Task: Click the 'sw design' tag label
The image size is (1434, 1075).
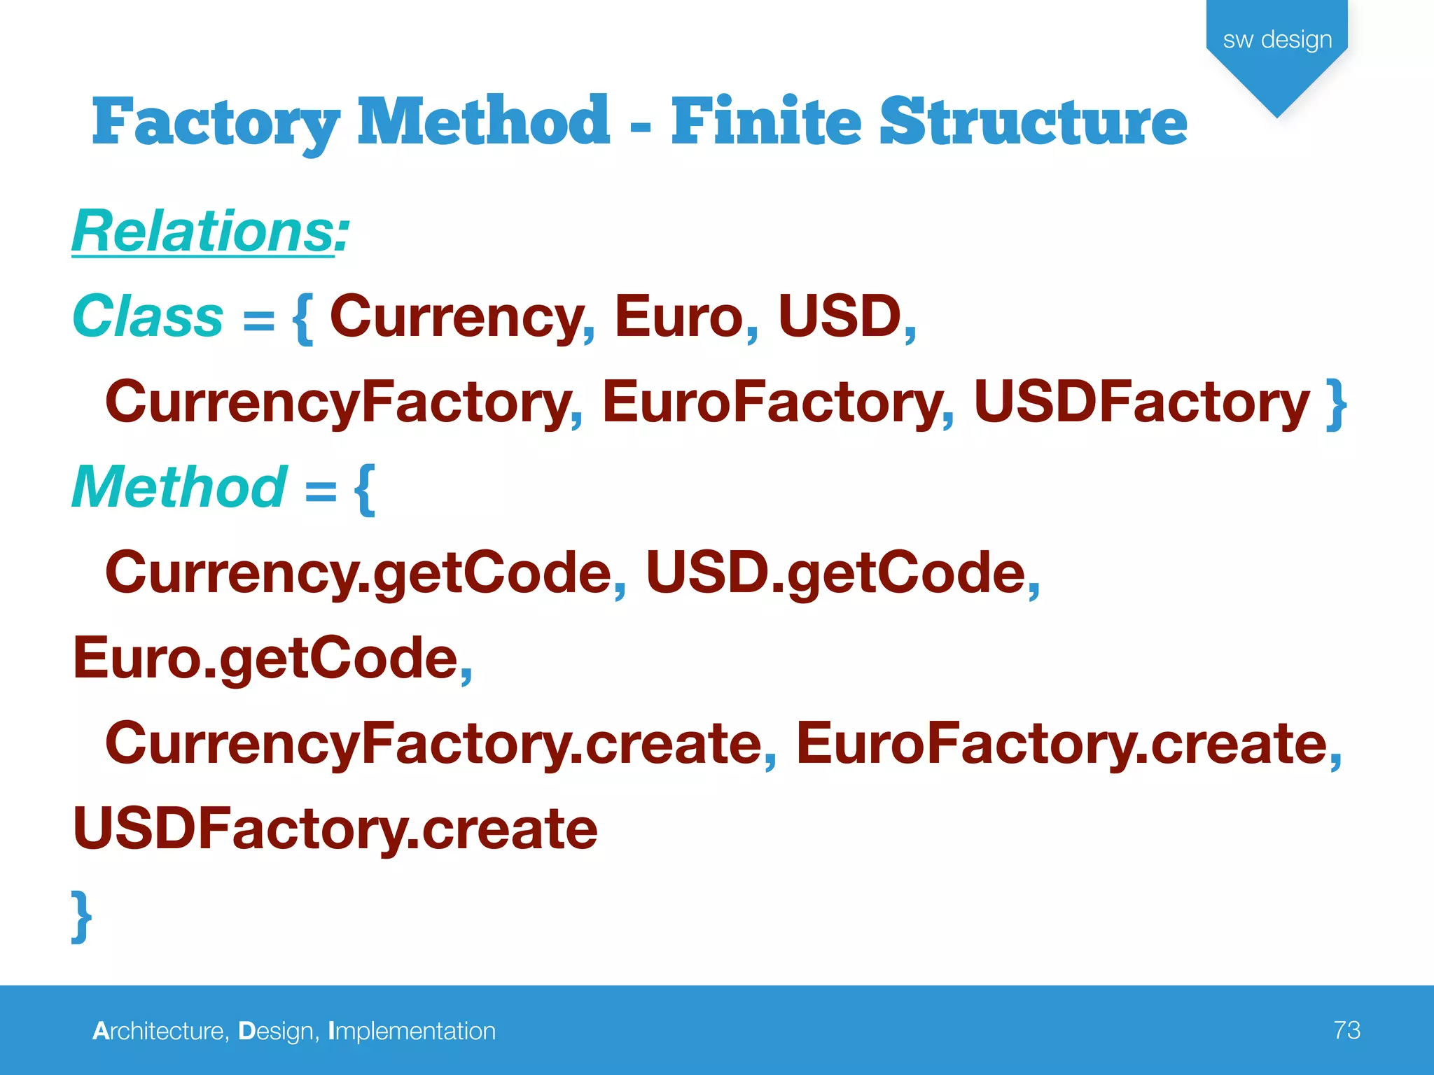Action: (x=1277, y=40)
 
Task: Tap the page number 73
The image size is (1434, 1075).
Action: (x=1346, y=1030)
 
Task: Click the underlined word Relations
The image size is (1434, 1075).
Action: (x=203, y=231)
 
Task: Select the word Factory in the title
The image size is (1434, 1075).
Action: (x=216, y=122)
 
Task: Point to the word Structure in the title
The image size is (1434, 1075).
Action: (x=1033, y=122)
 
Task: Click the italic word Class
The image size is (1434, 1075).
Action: (x=148, y=316)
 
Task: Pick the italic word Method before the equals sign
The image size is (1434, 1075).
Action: (x=179, y=487)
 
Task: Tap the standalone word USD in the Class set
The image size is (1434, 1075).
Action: (x=840, y=316)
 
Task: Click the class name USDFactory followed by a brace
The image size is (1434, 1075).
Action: (x=1141, y=402)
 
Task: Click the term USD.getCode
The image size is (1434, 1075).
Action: (x=835, y=573)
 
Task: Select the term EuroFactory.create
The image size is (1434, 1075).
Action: (x=1061, y=744)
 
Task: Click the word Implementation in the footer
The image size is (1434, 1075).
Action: (x=412, y=1031)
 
